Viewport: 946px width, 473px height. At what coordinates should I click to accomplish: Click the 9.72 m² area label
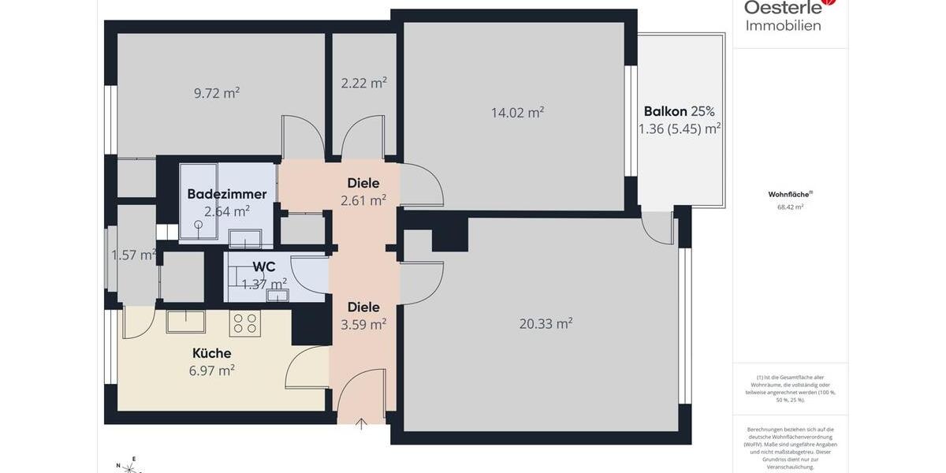[x=217, y=93]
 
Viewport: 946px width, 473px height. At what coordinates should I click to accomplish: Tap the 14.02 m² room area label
[x=517, y=113]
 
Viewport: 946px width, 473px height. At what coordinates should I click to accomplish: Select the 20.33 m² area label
[x=546, y=323]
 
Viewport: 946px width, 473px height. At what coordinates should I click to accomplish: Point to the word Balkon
[x=665, y=111]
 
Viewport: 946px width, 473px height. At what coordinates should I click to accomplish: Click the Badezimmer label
[x=227, y=194]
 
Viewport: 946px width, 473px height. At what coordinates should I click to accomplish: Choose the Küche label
[x=212, y=353]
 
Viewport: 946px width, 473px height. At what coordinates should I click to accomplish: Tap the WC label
[x=264, y=266]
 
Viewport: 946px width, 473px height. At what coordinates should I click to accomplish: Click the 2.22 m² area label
[x=363, y=83]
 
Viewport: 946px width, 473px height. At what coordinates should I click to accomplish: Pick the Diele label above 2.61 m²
[x=363, y=183]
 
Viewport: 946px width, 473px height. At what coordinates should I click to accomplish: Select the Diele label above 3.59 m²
[x=363, y=307]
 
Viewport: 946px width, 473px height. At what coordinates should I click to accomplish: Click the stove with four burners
[x=245, y=322]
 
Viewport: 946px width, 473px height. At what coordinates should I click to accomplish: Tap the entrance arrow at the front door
[x=361, y=424]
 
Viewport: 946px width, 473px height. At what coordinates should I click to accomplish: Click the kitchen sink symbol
[x=185, y=321]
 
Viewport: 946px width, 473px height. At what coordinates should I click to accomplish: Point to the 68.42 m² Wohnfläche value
[x=790, y=207]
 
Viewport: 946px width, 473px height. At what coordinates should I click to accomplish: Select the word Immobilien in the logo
[x=783, y=25]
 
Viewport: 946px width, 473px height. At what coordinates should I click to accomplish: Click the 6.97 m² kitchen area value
[x=212, y=370]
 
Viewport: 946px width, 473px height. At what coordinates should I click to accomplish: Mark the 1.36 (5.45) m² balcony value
[x=680, y=128]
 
